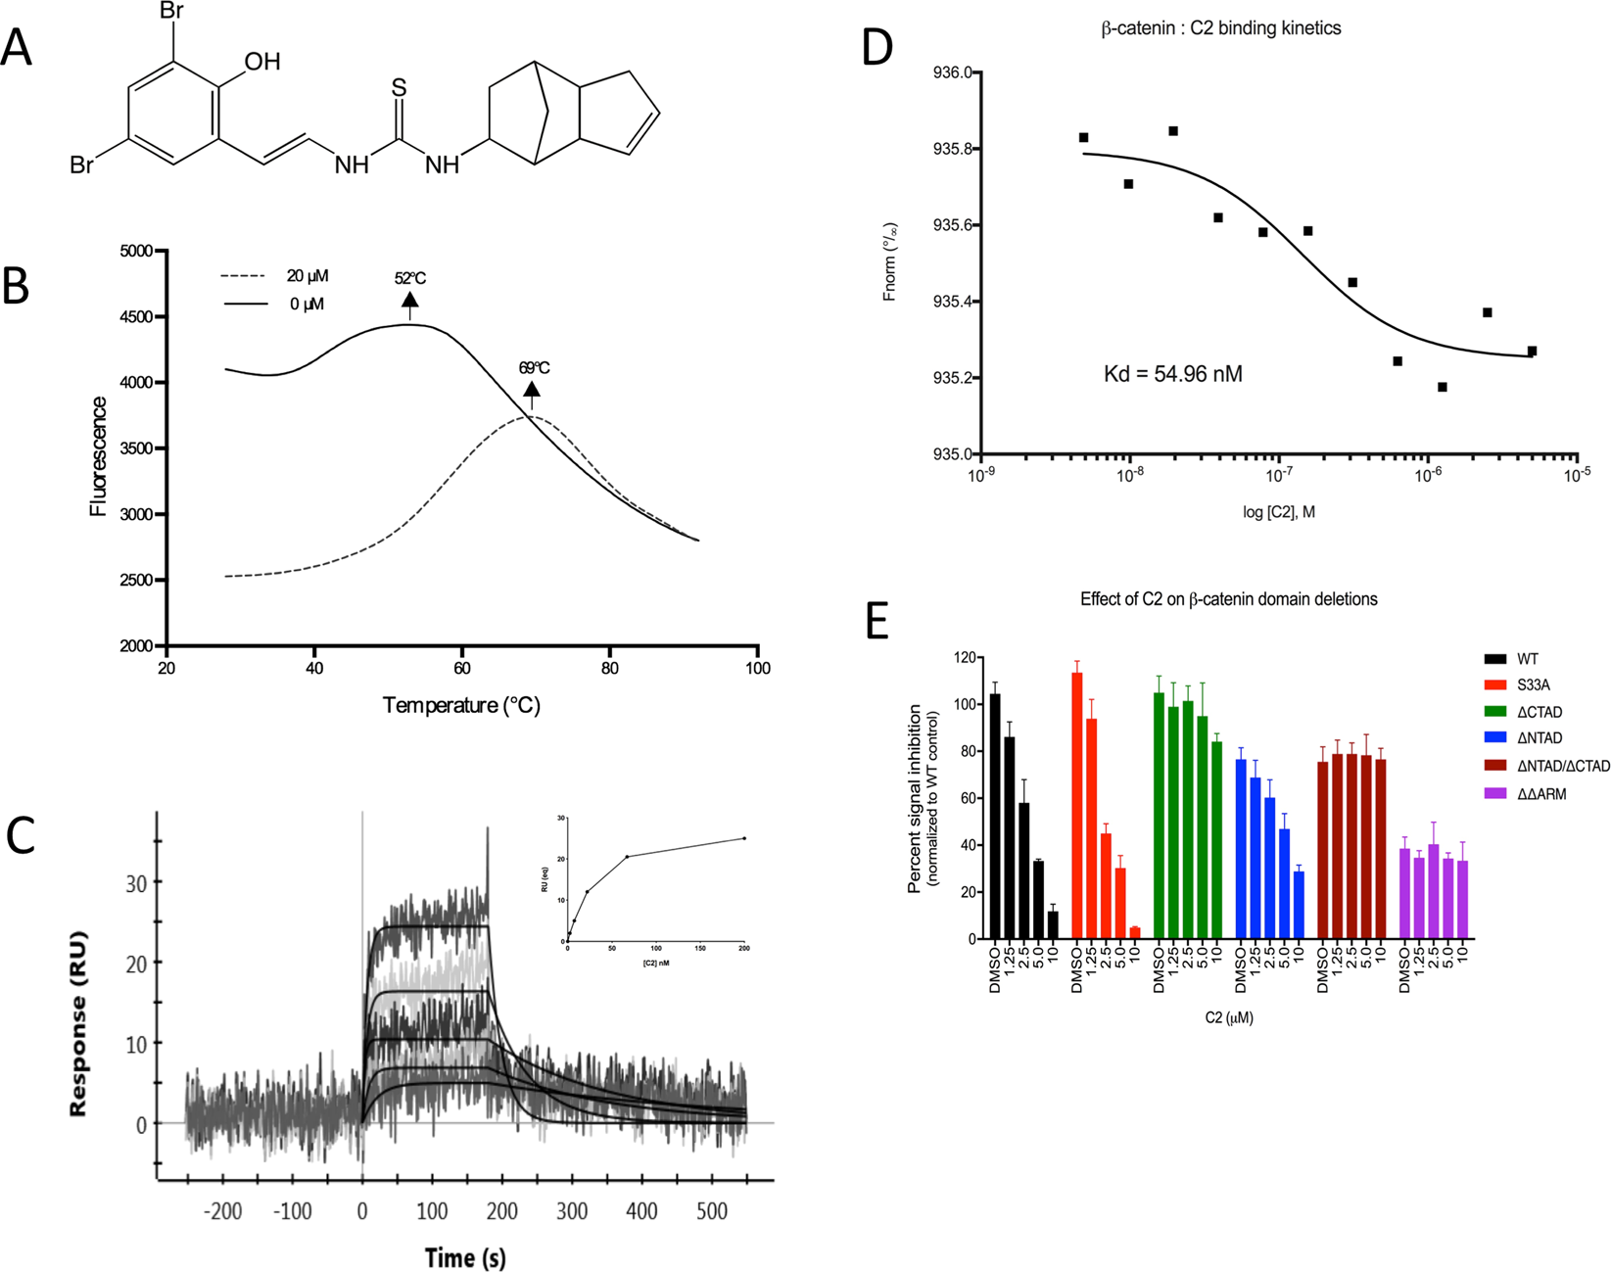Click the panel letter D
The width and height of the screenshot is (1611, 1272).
click(x=877, y=45)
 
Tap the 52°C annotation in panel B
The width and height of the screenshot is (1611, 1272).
click(x=409, y=278)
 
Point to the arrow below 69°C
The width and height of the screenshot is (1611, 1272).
click(x=532, y=395)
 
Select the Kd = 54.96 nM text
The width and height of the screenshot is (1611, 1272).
click(x=1172, y=374)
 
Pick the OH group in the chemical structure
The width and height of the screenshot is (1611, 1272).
click(x=261, y=63)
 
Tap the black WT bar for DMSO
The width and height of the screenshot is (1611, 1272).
click(x=995, y=816)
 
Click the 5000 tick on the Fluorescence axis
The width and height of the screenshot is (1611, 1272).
click(x=135, y=251)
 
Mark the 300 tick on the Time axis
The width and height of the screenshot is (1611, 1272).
click(x=572, y=1211)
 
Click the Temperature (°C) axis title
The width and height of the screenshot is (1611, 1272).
click(x=461, y=705)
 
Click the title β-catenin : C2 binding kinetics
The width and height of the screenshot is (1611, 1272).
click(x=1221, y=28)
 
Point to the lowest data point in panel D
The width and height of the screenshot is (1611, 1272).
click(x=1443, y=387)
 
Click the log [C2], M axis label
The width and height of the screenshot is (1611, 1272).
click(x=1278, y=512)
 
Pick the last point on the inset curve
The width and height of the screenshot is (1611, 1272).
click(x=744, y=838)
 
